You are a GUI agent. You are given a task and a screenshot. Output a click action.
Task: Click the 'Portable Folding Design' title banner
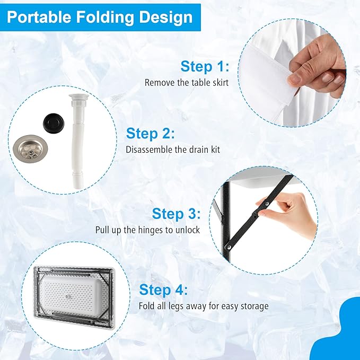pos(100,17)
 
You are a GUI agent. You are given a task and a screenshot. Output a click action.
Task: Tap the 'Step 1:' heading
pos(205,67)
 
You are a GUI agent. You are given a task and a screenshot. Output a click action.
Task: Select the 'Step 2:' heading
pos(151,134)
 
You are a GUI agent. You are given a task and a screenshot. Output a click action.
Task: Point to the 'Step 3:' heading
pos(176,214)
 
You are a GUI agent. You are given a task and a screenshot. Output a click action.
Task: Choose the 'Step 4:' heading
pos(163,289)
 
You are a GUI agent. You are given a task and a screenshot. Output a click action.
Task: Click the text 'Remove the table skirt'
pos(187,83)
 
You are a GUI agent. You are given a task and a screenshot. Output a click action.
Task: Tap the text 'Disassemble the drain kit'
pos(173,150)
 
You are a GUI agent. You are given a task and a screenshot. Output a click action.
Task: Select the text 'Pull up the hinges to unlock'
pos(147,230)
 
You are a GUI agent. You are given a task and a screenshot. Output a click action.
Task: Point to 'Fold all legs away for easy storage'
pos(204,306)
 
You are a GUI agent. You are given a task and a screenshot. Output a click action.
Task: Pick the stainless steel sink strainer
pos(30,148)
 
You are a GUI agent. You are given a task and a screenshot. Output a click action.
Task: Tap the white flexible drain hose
pos(76,141)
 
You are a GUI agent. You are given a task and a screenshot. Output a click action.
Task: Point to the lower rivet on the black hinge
pos(229,248)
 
